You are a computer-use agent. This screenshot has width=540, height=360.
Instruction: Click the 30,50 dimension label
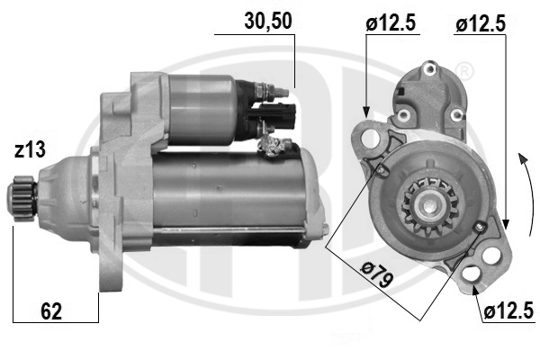coord(268,21)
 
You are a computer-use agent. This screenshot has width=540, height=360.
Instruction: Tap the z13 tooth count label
coord(30,150)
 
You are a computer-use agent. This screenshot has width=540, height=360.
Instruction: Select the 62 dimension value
coord(51,311)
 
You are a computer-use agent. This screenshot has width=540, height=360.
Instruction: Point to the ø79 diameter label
coord(378,274)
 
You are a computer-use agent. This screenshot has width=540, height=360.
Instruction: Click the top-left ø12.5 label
coord(391,23)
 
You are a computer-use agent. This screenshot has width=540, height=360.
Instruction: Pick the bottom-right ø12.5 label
coord(508,311)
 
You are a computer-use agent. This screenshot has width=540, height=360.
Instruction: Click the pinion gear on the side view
coord(22,194)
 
